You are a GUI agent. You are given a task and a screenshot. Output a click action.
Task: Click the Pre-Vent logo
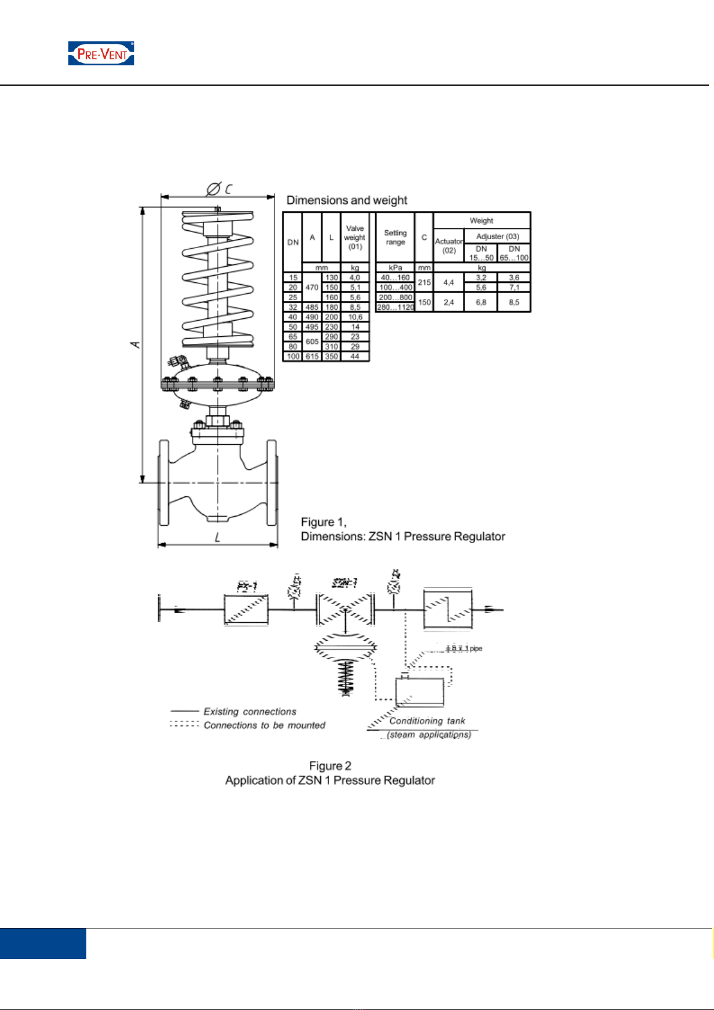pyautogui.click(x=101, y=53)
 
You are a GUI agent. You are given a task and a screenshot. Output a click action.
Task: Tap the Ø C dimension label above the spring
pyautogui.click(x=219, y=189)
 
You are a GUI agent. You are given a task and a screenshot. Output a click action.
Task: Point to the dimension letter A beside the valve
pyautogui.click(x=136, y=344)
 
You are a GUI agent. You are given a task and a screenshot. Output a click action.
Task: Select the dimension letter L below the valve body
pyautogui.click(x=217, y=538)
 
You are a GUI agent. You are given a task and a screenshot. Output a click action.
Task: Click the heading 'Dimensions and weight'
pyautogui.click(x=347, y=200)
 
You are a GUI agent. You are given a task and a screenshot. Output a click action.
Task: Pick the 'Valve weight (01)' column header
pyautogui.click(x=355, y=237)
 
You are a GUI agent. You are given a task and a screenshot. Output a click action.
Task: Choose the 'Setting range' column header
pyautogui.click(x=395, y=237)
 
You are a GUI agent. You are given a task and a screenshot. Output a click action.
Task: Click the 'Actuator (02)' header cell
pyautogui.click(x=448, y=246)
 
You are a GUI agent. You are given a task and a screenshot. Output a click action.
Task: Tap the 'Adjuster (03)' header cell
pyautogui.click(x=498, y=236)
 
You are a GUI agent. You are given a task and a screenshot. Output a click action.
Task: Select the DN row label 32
pyautogui.click(x=293, y=307)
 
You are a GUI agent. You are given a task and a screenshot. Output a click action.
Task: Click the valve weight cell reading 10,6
pyautogui.click(x=355, y=317)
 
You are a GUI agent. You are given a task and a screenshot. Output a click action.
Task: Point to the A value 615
pyautogui.click(x=312, y=356)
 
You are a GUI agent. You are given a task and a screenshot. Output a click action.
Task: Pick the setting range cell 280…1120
pyautogui.click(x=395, y=307)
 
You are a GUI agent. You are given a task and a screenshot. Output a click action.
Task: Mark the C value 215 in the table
pyautogui.click(x=424, y=282)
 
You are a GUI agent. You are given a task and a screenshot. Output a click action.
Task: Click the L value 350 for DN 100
pyautogui.click(x=332, y=356)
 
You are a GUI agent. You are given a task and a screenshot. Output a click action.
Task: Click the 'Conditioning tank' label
pyautogui.click(x=427, y=720)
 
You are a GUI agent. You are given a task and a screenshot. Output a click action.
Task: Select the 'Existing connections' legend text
pyautogui.click(x=249, y=711)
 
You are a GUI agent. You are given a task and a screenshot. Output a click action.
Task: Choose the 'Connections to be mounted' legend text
pyautogui.click(x=264, y=725)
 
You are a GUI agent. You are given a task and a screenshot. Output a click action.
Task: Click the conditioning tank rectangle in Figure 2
pyautogui.click(x=420, y=692)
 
